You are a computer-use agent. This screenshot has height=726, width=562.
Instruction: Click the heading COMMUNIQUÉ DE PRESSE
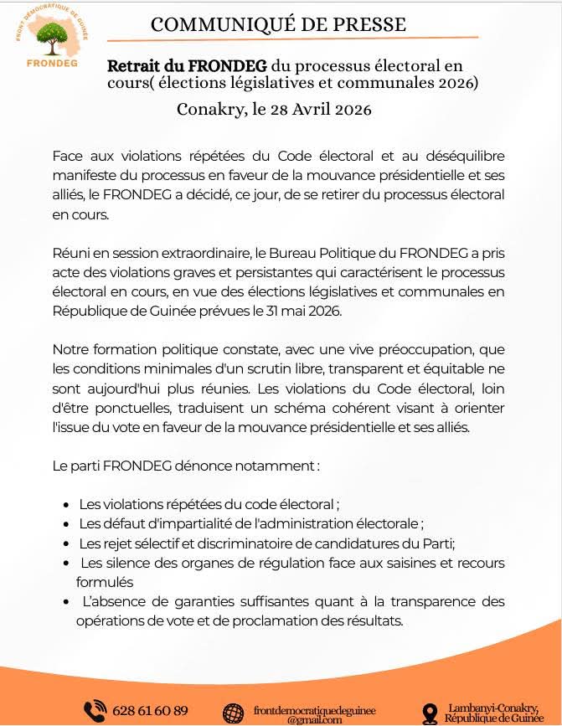[278, 24]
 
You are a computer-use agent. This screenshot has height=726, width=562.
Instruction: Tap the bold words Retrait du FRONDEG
[187, 65]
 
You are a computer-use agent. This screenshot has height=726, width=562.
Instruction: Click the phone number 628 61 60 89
[150, 711]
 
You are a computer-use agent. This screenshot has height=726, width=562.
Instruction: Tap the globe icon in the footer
[234, 713]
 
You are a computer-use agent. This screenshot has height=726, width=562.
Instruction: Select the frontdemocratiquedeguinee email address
[314, 711]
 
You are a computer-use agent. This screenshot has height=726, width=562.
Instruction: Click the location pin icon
[431, 713]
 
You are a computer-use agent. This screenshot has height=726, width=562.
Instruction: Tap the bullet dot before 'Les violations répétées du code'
[66, 505]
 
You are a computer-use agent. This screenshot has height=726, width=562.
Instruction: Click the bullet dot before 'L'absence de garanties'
[66, 602]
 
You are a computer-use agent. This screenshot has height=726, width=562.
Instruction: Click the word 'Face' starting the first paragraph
[68, 157]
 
